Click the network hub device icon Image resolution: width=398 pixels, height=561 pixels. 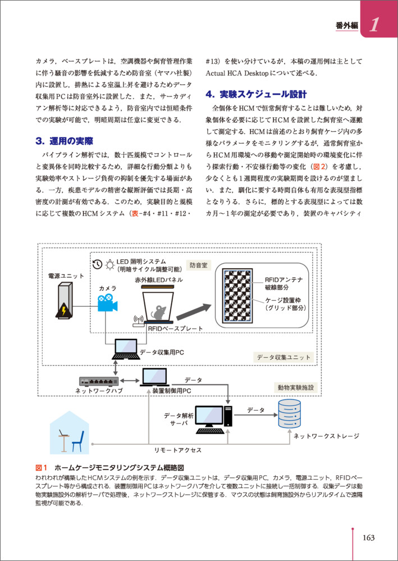pyautogui.click(x=99, y=380)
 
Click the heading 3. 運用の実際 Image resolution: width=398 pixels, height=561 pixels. pyautogui.click(x=65, y=141)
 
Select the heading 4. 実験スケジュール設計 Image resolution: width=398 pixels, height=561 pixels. pyautogui.click(x=257, y=94)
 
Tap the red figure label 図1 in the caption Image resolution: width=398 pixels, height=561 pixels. pyautogui.click(x=42, y=468)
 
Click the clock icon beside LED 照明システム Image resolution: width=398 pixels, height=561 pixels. pyautogui.click(x=97, y=264)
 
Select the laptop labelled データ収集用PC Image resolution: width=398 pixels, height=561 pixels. pyautogui.click(x=125, y=349)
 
